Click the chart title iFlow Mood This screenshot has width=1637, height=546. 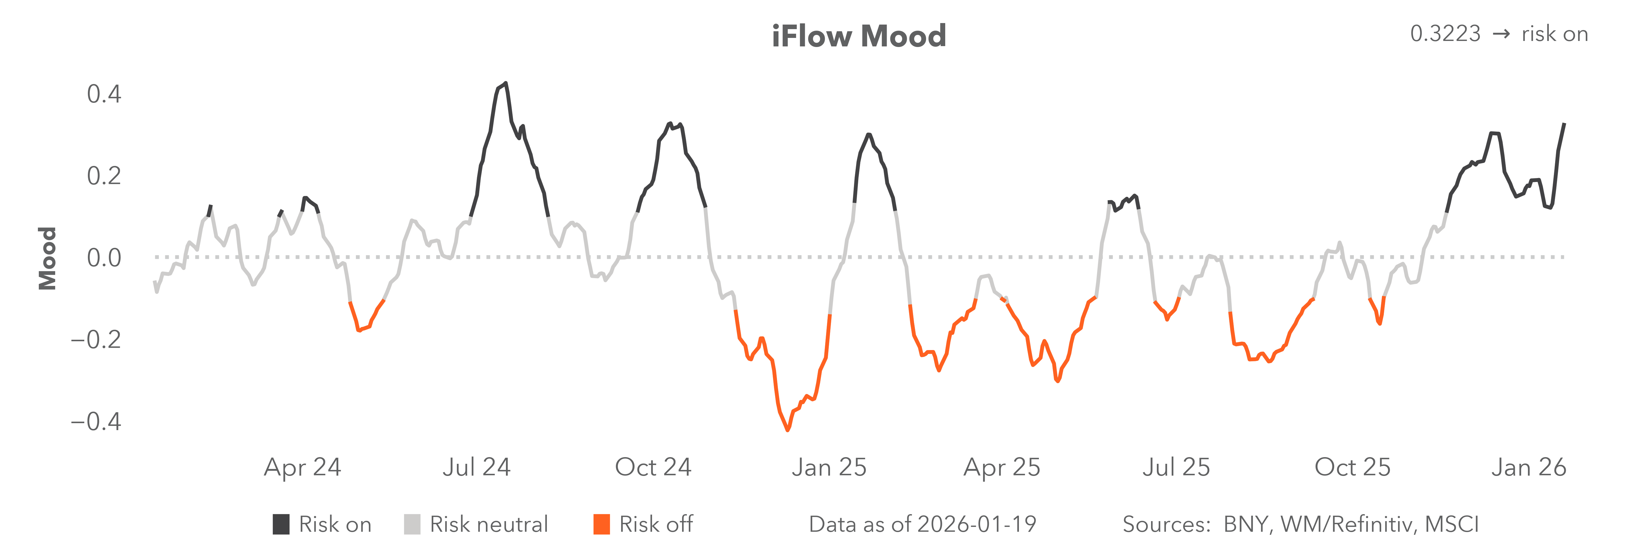859,36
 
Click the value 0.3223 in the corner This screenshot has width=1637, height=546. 1445,34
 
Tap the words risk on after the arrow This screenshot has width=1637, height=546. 1554,34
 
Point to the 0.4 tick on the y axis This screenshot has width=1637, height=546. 104,94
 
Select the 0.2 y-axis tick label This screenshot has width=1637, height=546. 104,176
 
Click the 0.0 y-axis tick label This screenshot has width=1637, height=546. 104,258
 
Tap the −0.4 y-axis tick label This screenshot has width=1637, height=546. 95,421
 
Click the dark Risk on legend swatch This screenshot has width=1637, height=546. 281,524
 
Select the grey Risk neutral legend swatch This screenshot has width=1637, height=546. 412,524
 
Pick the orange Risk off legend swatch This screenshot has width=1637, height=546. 601,524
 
